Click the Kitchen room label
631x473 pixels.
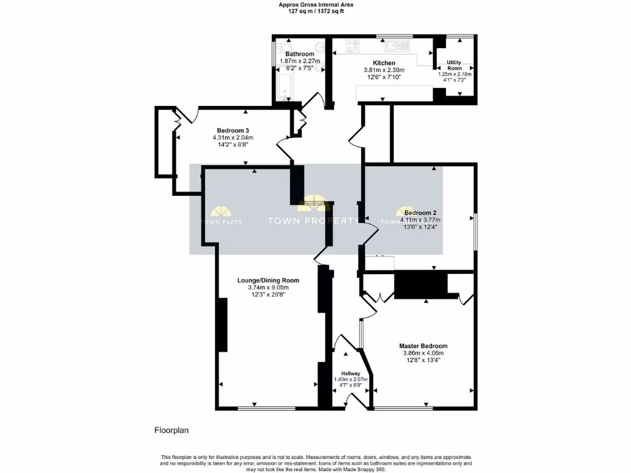[384, 63]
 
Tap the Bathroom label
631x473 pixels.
[299, 54]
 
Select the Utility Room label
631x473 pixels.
[454, 65]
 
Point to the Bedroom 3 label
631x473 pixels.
[232, 130]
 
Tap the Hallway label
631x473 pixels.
[351, 373]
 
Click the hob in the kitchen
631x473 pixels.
[353, 45]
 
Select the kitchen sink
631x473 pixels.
[394, 45]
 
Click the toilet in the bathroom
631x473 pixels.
[285, 48]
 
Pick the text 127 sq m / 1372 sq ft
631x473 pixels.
[316, 11]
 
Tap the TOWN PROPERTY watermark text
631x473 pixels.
[312, 220]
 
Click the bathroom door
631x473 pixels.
[319, 99]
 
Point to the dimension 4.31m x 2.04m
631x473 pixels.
[232, 137]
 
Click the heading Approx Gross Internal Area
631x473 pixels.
[316, 4]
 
